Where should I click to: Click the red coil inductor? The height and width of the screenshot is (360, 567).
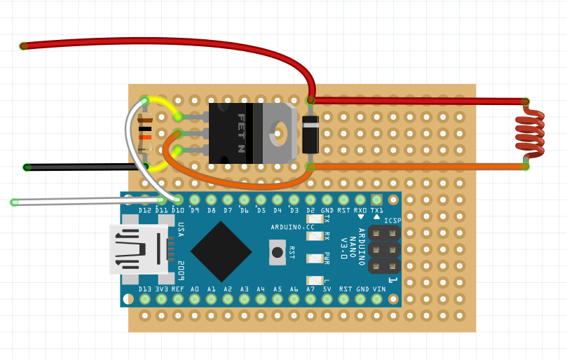click(x=530, y=132)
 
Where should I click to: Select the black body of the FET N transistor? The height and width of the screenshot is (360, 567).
click(x=231, y=133)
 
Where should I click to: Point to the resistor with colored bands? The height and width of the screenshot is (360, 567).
click(x=145, y=133)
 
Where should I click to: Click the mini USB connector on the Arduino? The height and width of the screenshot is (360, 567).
click(x=139, y=249)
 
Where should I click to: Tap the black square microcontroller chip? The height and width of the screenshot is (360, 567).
click(x=221, y=251)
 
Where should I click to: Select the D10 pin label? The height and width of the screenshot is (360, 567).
click(x=177, y=210)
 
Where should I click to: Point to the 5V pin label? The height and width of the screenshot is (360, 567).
click(x=327, y=289)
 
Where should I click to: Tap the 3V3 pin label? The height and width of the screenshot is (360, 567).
click(x=162, y=289)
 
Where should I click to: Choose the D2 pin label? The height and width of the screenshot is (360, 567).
click(x=310, y=210)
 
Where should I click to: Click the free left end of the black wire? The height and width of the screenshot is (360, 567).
click(x=27, y=167)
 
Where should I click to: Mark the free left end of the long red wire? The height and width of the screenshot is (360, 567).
click(x=23, y=46)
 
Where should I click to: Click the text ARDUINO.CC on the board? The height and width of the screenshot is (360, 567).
click(x=292, y=228)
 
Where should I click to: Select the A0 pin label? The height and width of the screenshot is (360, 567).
click(x=194, y=289)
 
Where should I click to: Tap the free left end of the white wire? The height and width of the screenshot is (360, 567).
click(x=15, y=202)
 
